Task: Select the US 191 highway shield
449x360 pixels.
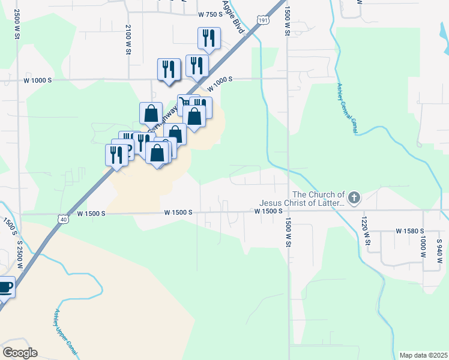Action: (264, 20)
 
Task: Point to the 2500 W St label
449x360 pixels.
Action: (17, 24)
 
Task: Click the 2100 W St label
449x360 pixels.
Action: (128, 40)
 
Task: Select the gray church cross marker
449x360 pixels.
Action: (354, 197)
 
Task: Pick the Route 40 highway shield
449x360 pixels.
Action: (62, 220)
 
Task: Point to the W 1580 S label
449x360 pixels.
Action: (410, 231)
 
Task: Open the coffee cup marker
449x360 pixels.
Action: (5, 286)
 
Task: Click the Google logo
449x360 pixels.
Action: (20, 353)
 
